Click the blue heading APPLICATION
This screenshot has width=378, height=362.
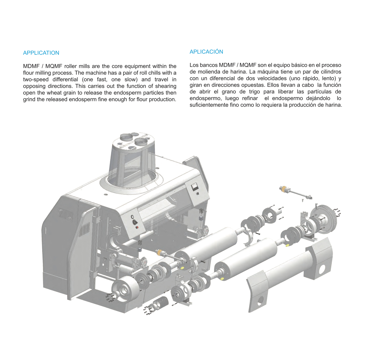tap(41, 53)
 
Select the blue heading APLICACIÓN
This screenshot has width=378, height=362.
tap(206, 52)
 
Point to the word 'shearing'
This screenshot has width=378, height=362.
tap(166, 86)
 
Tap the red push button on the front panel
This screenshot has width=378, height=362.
tap(137, 227)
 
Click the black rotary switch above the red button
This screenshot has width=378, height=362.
tap(135, 222)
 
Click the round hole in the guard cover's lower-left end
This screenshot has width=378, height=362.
tap(261, 300)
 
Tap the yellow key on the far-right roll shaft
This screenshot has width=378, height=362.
tap(288, 245)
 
